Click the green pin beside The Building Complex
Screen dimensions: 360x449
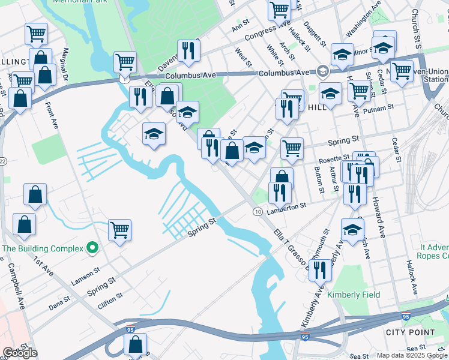(x=92, y=247)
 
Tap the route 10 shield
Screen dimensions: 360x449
(x=257, y=212)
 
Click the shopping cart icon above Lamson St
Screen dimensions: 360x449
(x=119, y=229)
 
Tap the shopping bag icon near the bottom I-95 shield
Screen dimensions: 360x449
(x=135, y=344)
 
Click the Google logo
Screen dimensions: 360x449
(x=20, y=353)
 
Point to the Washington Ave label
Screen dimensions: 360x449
(x=364, y=20)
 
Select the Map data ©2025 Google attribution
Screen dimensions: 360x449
(x=412, y=355)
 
